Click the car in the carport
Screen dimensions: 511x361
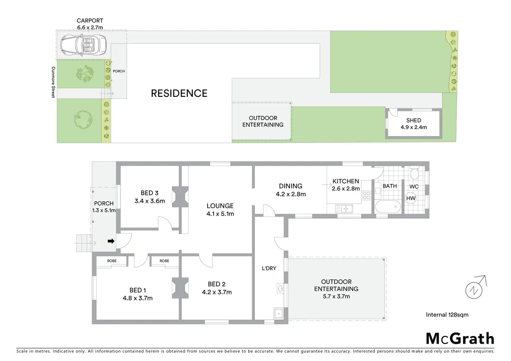83,45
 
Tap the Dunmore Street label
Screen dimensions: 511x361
53,82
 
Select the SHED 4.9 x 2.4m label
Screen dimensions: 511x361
413,124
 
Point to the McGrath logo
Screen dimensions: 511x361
460,338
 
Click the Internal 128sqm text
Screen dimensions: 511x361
447,315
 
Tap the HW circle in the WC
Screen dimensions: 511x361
411,198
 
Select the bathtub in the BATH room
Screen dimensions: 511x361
387,207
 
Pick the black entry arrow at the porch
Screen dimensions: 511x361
111,241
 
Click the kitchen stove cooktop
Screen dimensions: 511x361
366,195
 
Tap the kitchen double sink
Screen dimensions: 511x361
344,209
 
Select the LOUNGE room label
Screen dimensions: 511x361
220,206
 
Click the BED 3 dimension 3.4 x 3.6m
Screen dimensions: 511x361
150,201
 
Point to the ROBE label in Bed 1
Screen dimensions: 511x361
112,261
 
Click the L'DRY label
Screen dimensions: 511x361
269,268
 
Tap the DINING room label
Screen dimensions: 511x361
291,186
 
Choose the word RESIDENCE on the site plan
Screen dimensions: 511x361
179,93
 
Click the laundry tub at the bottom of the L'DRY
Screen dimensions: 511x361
278,313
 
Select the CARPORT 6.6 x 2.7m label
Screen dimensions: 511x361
90,24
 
